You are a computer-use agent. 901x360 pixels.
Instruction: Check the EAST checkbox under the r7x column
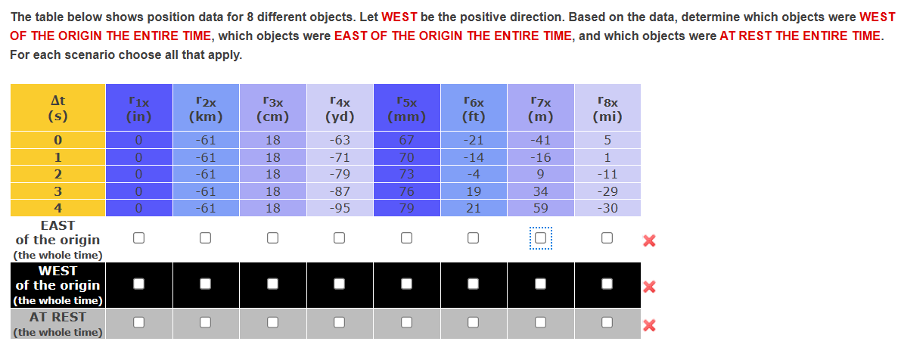point(539,239)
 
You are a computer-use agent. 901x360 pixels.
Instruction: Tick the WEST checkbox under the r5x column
point(406,284)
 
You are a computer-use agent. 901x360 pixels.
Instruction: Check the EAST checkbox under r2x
point(205,239)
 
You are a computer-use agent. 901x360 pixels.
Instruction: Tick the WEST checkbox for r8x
point(606,284)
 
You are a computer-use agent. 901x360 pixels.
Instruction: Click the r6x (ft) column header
point(473,107)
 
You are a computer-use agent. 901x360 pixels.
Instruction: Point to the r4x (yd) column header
point(340,107)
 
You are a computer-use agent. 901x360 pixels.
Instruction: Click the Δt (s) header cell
point(57,107)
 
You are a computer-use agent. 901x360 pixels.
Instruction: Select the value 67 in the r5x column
point(406,140)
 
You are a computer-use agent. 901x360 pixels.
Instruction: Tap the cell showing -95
point(340,208)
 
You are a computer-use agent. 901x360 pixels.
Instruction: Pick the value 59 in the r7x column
point(540,208)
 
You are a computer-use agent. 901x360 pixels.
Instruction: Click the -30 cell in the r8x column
point(607,208)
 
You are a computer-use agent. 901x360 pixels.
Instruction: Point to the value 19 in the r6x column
point(473,191)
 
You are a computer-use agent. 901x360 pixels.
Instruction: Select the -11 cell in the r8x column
point(607,174)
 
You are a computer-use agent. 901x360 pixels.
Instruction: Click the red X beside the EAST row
point(648,241)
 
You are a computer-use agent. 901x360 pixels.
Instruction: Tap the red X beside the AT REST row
point(648,325)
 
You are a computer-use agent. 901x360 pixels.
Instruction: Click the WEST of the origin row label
point(57,285)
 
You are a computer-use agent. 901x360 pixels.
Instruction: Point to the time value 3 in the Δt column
point(57,191)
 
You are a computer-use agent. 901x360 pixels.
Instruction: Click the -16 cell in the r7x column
point(540,157)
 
